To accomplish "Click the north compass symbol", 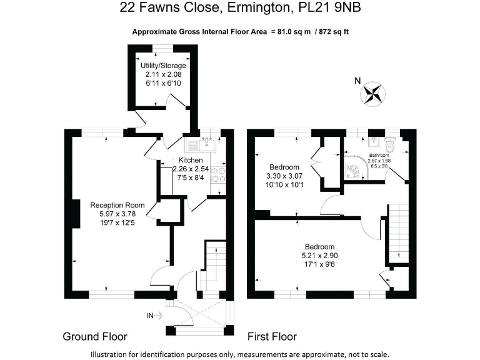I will coord(372,94).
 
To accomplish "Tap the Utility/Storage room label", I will coord(163,66).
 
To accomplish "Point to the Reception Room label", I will coord(117,205).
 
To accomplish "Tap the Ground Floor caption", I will coord(95,337).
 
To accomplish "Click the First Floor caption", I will coord(272,337).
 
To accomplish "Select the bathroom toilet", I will coord(391,146).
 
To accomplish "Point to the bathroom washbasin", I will coord(374,142).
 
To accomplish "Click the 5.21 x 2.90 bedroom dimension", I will coord(319,255).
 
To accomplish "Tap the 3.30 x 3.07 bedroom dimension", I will coord(284,176).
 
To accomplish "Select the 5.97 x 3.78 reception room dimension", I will coord(117,214).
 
